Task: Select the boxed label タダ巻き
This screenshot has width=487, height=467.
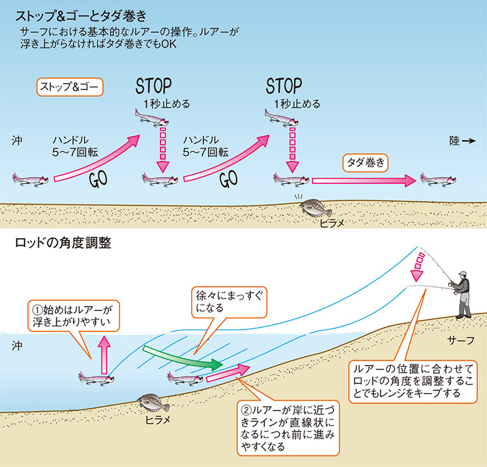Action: pos(365,162)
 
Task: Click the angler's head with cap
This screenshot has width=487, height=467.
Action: pos(463,276)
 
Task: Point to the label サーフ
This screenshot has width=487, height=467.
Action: pos(460,340)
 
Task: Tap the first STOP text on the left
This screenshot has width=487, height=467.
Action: pos(153,86)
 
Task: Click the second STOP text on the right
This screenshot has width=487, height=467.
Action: pos(284,86)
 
